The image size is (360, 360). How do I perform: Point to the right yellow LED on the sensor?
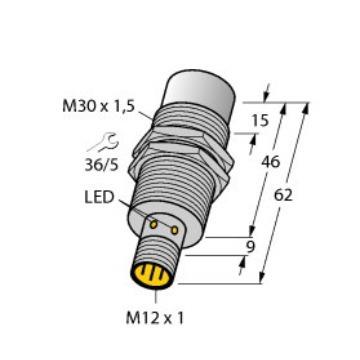(176, 230)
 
